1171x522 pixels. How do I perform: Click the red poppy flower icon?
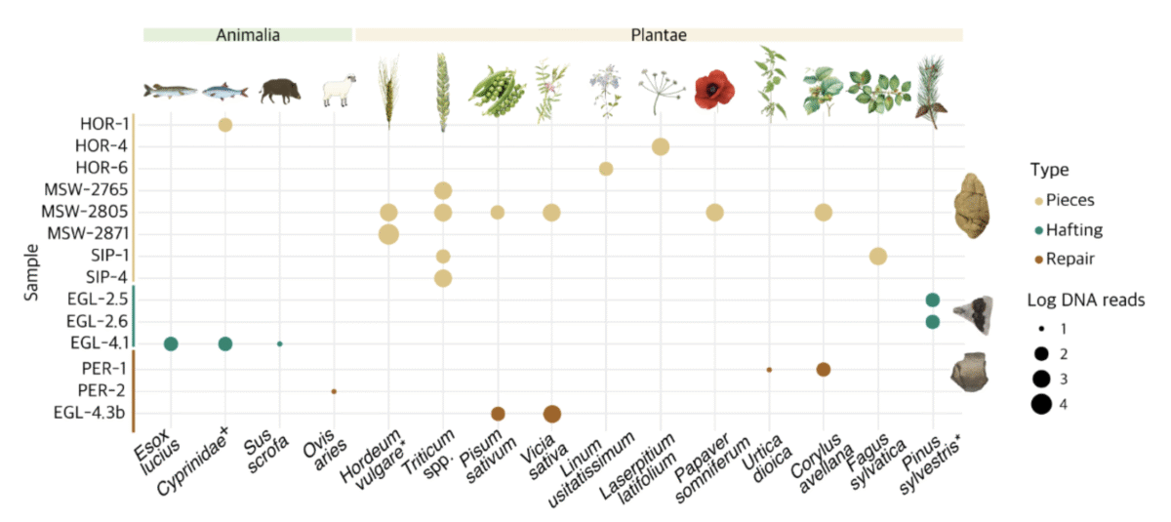click(x=714, y=92)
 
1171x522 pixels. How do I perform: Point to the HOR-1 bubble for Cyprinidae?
click(x=225, y=125)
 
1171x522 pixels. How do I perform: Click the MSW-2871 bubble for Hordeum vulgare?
click(x=388, y=234)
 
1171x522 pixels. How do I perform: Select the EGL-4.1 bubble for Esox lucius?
click(x=171, y=343)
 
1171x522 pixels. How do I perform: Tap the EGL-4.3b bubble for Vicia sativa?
click(x=551, y=414)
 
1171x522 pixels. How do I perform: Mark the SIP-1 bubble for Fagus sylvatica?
click(x=877, y=256)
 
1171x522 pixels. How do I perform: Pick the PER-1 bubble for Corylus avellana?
click(x=823, y=370)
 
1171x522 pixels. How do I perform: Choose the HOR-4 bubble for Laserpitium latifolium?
click(x=660, y=146)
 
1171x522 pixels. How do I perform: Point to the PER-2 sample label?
click(x=101, y=391)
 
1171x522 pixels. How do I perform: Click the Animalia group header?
click(x=248, y=34)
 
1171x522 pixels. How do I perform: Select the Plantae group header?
click(x=659, y=34)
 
